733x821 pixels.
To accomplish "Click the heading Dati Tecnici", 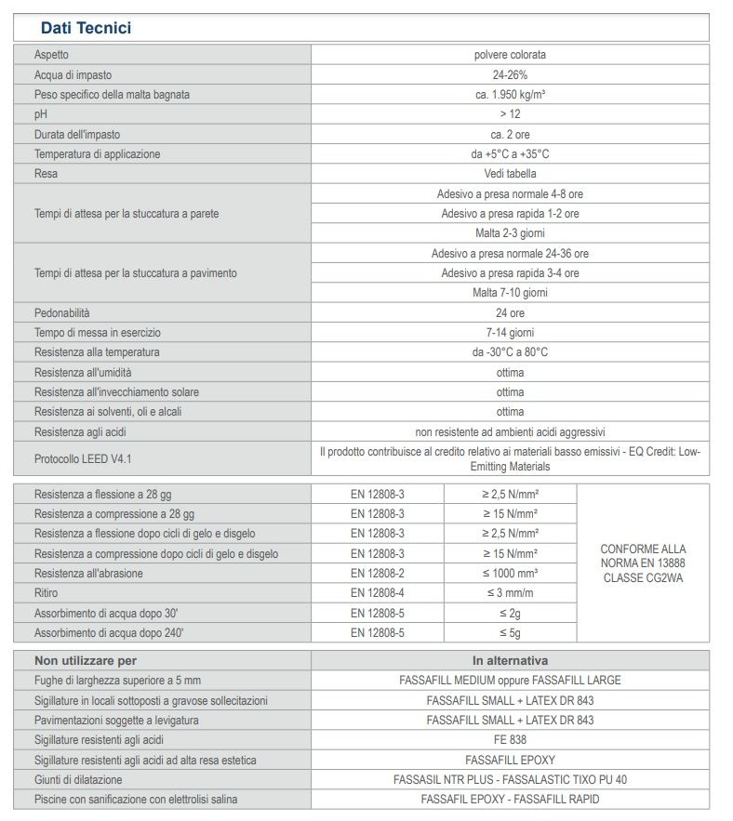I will [x=86, y=28].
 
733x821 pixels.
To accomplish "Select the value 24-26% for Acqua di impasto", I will [x=510, y=74].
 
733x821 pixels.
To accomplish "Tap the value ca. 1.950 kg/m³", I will [x=510, y=95].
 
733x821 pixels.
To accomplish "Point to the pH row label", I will [x=40, y=114].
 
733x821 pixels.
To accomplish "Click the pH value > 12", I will [x=510, y=114].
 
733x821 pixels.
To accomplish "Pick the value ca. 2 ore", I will [x=510, y=135].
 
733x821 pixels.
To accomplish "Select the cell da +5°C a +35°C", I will [x=510, y=154].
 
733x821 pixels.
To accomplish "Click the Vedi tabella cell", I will [x=510, y=174].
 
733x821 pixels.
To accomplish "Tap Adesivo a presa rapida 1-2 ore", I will [x=510, y=214].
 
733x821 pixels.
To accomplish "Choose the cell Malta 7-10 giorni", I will [x=510, y=293].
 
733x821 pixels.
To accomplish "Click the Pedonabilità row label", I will [x=62, y=313].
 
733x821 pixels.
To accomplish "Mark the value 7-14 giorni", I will [x=510, y=333].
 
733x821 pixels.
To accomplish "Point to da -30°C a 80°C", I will [x=510, y=352].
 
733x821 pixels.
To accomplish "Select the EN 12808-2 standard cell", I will [x=378, y=574].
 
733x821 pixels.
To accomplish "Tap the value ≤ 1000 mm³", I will [x=510, y=574].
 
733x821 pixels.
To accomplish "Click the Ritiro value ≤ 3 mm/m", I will [x=510, y=593].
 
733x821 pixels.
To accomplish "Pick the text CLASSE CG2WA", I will [x=643, y=578].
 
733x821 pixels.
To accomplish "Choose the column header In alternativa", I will [x=510, y=660].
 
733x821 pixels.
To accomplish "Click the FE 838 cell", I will [x=510, y=740].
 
